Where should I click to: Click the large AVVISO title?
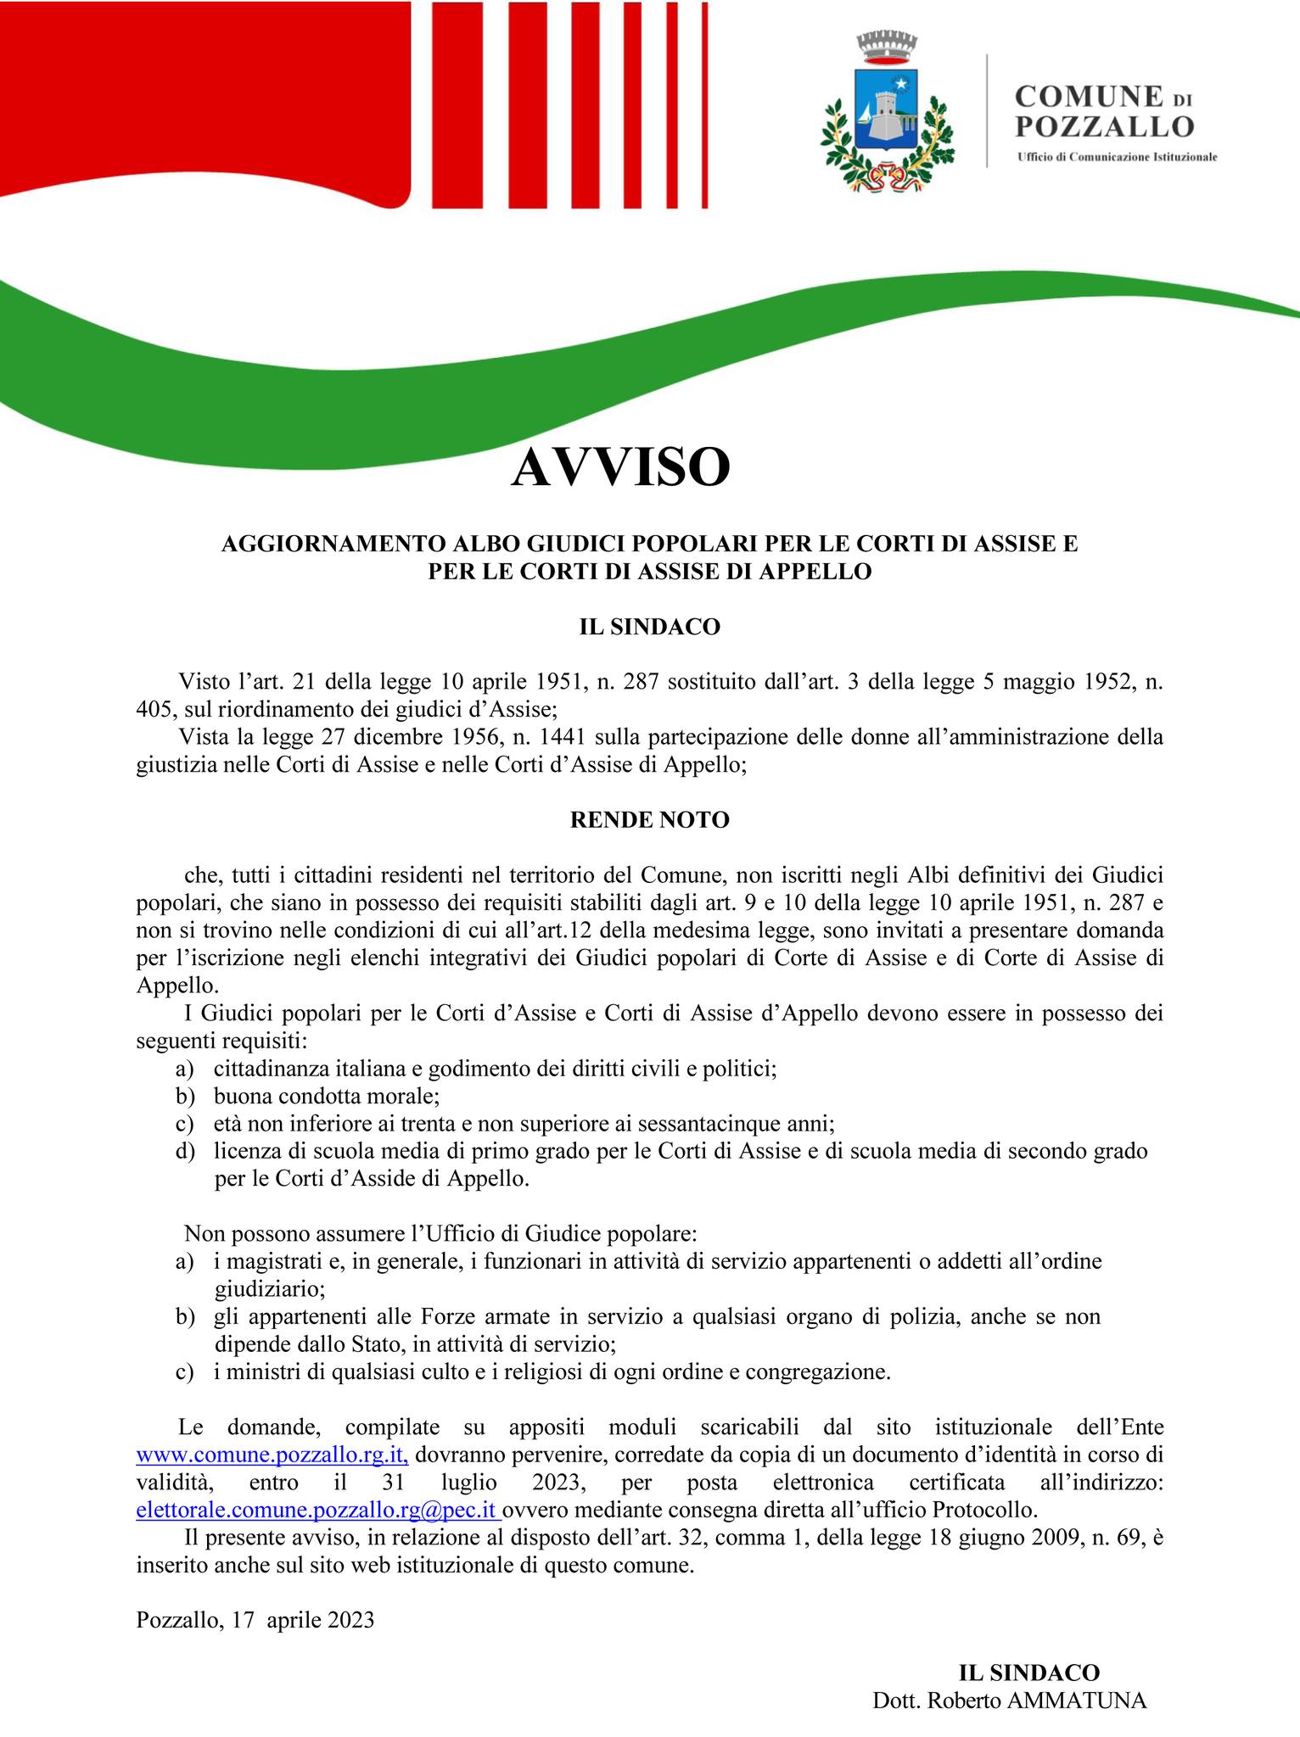coord(619,467)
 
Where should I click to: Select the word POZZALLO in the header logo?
coord(1104,127)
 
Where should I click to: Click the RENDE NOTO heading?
coord(649,821)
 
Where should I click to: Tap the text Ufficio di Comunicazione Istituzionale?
coord(1117,158)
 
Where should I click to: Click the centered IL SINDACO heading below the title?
coord(649,627)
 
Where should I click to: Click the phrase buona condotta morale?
coord(325,1097)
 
